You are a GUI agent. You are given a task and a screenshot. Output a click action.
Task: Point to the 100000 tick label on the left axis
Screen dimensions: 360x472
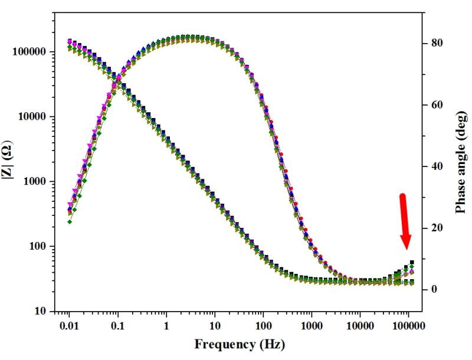(x=30, y=52)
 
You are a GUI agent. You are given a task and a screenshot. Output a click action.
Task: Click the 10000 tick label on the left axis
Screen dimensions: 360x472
(x=32, y=117)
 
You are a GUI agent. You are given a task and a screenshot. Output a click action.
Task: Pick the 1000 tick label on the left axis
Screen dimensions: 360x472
(x=35, y=182)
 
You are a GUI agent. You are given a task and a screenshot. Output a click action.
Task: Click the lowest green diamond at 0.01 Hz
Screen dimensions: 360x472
(x=70, y=222)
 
